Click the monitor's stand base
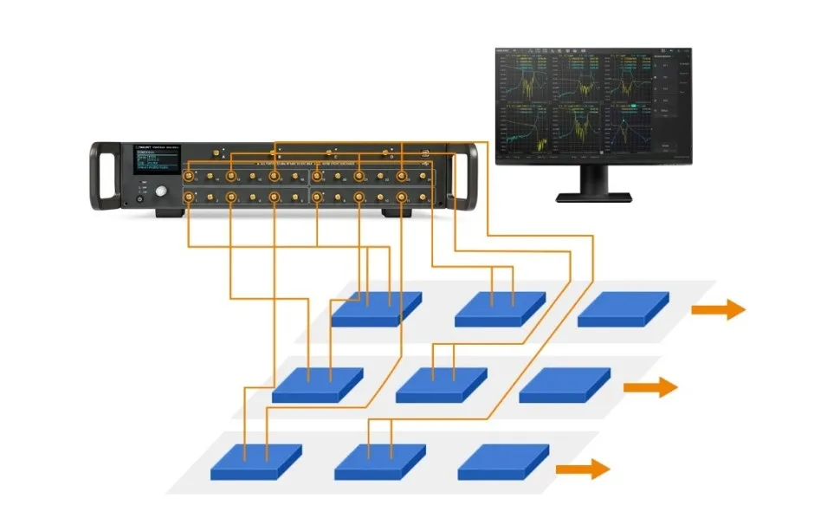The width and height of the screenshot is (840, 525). click(x=594, y=197)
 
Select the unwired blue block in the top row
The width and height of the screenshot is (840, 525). click(x=623, y=308)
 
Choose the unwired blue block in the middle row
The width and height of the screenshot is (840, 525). click(x=565, y=385)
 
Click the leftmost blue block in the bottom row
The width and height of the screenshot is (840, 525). click(x=256, y=462)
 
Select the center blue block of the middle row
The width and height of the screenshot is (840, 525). click(x=441, y=385)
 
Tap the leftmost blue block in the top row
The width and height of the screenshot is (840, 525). click(x=376, y=308)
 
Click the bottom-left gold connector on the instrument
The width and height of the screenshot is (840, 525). click(x=190, y=198)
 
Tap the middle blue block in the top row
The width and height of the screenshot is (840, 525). click(x=500, y=308)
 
